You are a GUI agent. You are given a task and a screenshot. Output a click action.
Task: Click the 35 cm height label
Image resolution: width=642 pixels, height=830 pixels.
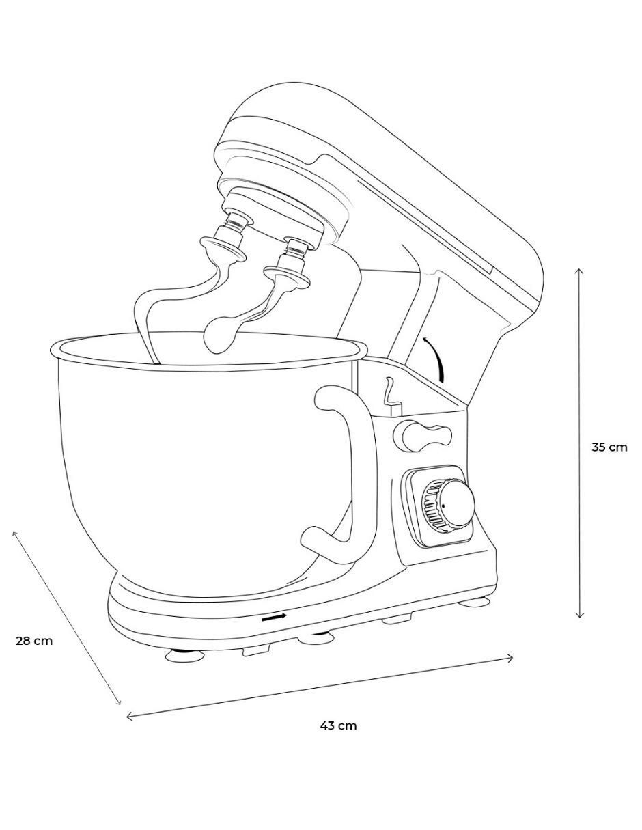click(x=609, y=447)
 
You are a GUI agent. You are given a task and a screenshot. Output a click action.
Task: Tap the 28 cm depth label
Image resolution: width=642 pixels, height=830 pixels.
click(x=34, y=641)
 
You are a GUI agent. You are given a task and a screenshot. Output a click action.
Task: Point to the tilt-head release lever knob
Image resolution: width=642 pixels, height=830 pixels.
click(x=423, y=435)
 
